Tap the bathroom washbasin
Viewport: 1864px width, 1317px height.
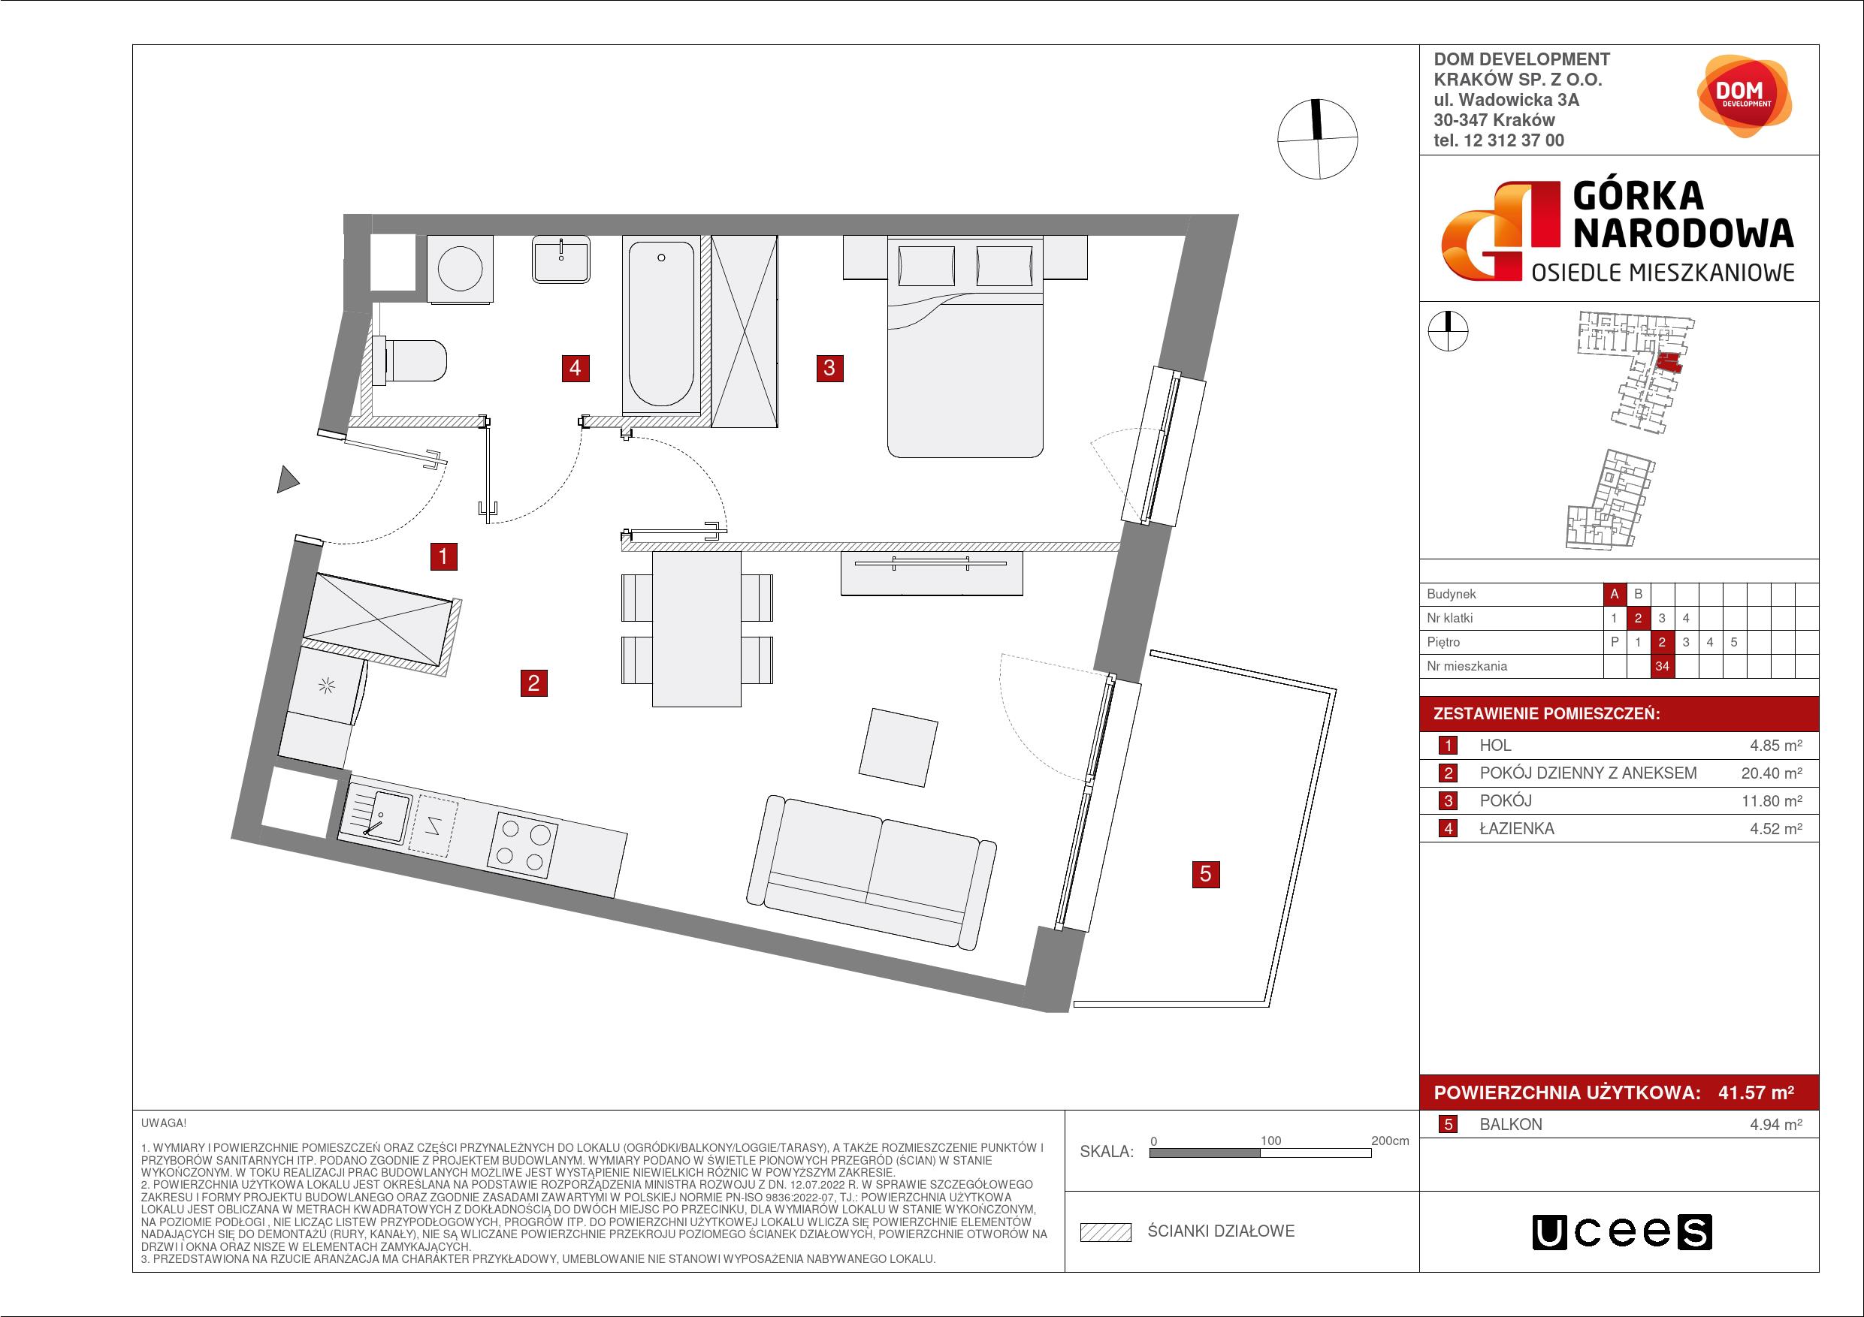pyautogui.click(x=562, y=260)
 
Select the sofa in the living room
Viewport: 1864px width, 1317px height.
pyautogui.click(x=876, y=872)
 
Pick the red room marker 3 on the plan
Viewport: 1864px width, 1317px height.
pyautogui.click(x=829, y=368)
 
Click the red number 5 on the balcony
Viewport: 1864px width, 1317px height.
pyautogui.click(x=1206, y=874)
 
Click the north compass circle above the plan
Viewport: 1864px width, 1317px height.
pyautogui.click(x=1318, y=140)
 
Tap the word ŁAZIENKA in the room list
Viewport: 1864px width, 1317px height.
pyautogui.click(x=1517, y=828)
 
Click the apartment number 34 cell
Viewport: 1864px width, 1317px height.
pyautogui.click(x=1662, y=666)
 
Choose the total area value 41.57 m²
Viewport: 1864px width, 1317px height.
pyautogui.click(x=1756, y=1092)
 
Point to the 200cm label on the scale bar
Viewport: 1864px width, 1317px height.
pyautogui.click(x=1390, y=1141)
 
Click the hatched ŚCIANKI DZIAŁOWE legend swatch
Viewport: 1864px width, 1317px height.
pyautogui.click(x=1106, y=1233)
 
